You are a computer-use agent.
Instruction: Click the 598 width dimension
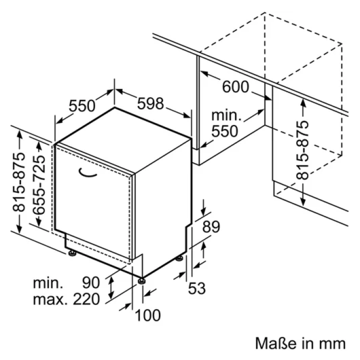point(150,103)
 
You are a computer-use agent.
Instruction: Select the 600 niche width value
point(236,87)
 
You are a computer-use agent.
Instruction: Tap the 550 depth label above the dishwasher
point(82,106)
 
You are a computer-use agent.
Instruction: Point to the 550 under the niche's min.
point(225,131)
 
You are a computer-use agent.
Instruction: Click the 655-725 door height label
point(39,185)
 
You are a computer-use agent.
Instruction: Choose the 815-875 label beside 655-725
point(19,182)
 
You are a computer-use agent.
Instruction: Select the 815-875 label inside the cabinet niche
point(302,150)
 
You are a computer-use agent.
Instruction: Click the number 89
point(211,227)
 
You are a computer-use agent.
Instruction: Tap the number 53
point(197,289)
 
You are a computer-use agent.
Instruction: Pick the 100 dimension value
point(148,315)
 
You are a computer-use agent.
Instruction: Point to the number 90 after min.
point(91,282)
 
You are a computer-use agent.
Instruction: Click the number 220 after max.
point(86,299)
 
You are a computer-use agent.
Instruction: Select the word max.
point(50,300)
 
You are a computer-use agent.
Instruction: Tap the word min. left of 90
point(48,283)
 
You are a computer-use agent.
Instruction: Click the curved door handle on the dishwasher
point(87,173)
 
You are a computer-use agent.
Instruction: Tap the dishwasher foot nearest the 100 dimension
point(141,281)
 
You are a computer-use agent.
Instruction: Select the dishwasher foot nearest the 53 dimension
point(179,259)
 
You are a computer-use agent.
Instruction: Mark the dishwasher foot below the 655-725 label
point(73,253)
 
